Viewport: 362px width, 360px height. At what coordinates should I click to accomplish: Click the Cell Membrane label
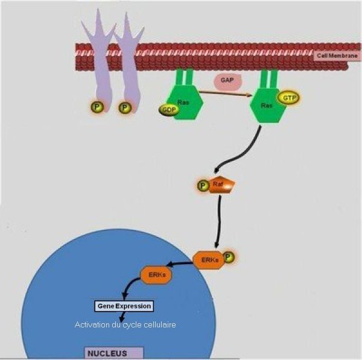pos(337,56)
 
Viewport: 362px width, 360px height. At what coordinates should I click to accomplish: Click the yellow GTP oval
pos(288,97)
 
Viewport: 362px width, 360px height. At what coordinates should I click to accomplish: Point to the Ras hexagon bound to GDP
pos(183,103)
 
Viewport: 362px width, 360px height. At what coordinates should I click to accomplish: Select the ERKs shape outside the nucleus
pos(207,259)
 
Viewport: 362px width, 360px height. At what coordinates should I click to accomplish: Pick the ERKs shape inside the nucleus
pos(156,275)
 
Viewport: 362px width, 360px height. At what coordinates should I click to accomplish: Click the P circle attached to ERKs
pos(228,257)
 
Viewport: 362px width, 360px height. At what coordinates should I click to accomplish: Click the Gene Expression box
pos(124,306)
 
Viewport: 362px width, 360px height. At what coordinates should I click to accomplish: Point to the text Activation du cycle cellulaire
pos(125,325)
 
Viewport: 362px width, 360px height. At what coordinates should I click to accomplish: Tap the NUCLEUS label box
pos(113,352)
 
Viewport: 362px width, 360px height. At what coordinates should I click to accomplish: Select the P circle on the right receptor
pos(125,108)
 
